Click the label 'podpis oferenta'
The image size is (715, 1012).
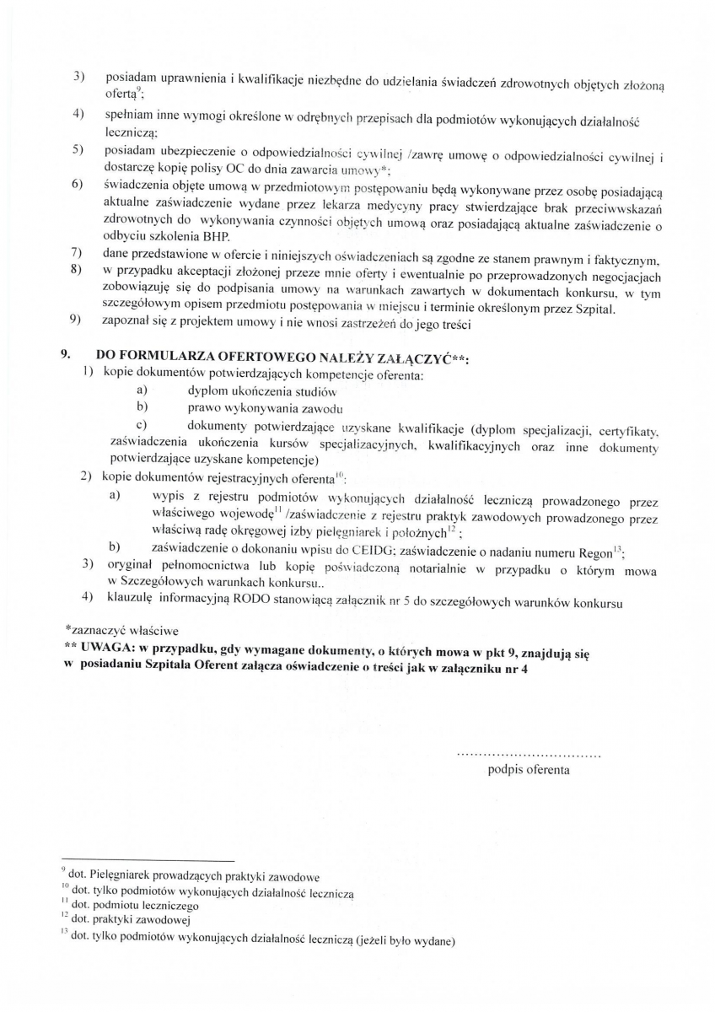[529, 769]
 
